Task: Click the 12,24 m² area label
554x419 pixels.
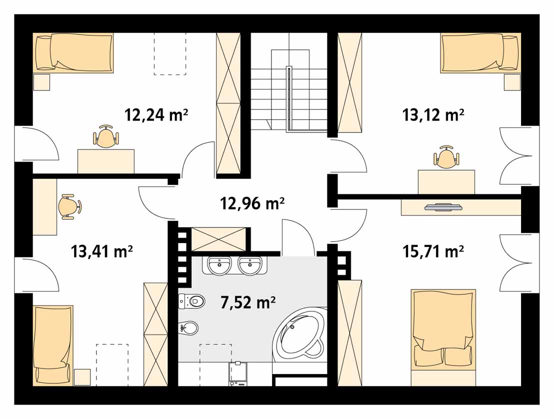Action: click(156, 115)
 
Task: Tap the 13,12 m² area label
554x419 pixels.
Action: click(433, 115)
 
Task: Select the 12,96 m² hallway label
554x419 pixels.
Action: click(252, 203)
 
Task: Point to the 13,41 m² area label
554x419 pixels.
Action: click(102, 251)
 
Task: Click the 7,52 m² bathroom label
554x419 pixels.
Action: click(248, 302)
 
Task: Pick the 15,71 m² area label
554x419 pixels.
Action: click(433, 251)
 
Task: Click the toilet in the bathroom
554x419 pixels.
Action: click(192, 301)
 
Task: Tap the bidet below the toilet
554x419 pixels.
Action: click(188, 328)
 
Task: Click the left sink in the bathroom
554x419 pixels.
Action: click(220, 265)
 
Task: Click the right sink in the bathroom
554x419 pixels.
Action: click(250, 265)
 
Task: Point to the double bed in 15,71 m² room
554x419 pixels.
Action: click(443, 337)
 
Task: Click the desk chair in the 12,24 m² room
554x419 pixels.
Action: click(105, 136)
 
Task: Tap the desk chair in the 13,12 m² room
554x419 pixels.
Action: click(446, 157)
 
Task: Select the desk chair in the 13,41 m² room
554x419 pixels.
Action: click(69, 206)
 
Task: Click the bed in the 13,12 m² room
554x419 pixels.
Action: click(480, 53)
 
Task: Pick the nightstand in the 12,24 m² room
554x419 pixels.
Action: click(41, 82)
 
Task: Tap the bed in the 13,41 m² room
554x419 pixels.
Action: click(53, 345)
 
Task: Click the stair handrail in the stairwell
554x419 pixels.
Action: click(289, 99)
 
